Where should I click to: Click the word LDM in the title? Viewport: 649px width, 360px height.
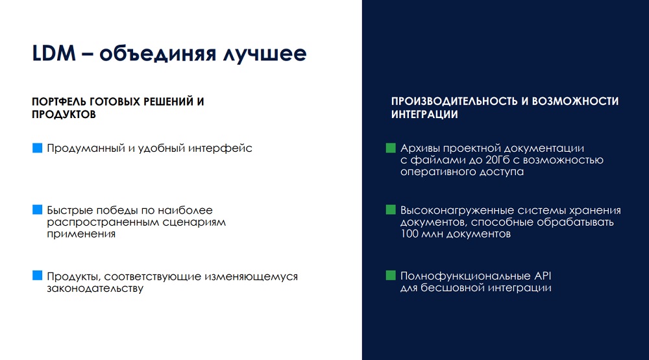54,53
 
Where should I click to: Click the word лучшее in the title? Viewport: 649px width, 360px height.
265,54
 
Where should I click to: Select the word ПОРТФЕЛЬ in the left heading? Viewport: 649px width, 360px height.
59,102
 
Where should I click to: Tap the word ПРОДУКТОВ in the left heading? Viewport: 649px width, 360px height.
64,115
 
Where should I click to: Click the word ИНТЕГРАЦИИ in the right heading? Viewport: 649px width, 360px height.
424,115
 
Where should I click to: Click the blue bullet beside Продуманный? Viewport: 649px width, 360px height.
37,148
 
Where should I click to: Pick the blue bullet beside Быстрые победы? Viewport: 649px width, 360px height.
37,210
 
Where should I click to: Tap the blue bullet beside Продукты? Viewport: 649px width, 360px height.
37,276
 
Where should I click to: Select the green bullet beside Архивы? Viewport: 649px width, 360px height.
391,148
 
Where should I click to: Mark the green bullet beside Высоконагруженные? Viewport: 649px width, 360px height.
391,210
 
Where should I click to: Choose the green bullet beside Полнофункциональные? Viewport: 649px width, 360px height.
391,276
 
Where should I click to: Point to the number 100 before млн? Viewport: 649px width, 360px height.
410,234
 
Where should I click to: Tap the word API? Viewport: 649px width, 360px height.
543,276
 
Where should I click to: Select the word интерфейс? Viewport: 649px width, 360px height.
220,149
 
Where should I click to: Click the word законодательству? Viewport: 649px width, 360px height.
95,289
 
